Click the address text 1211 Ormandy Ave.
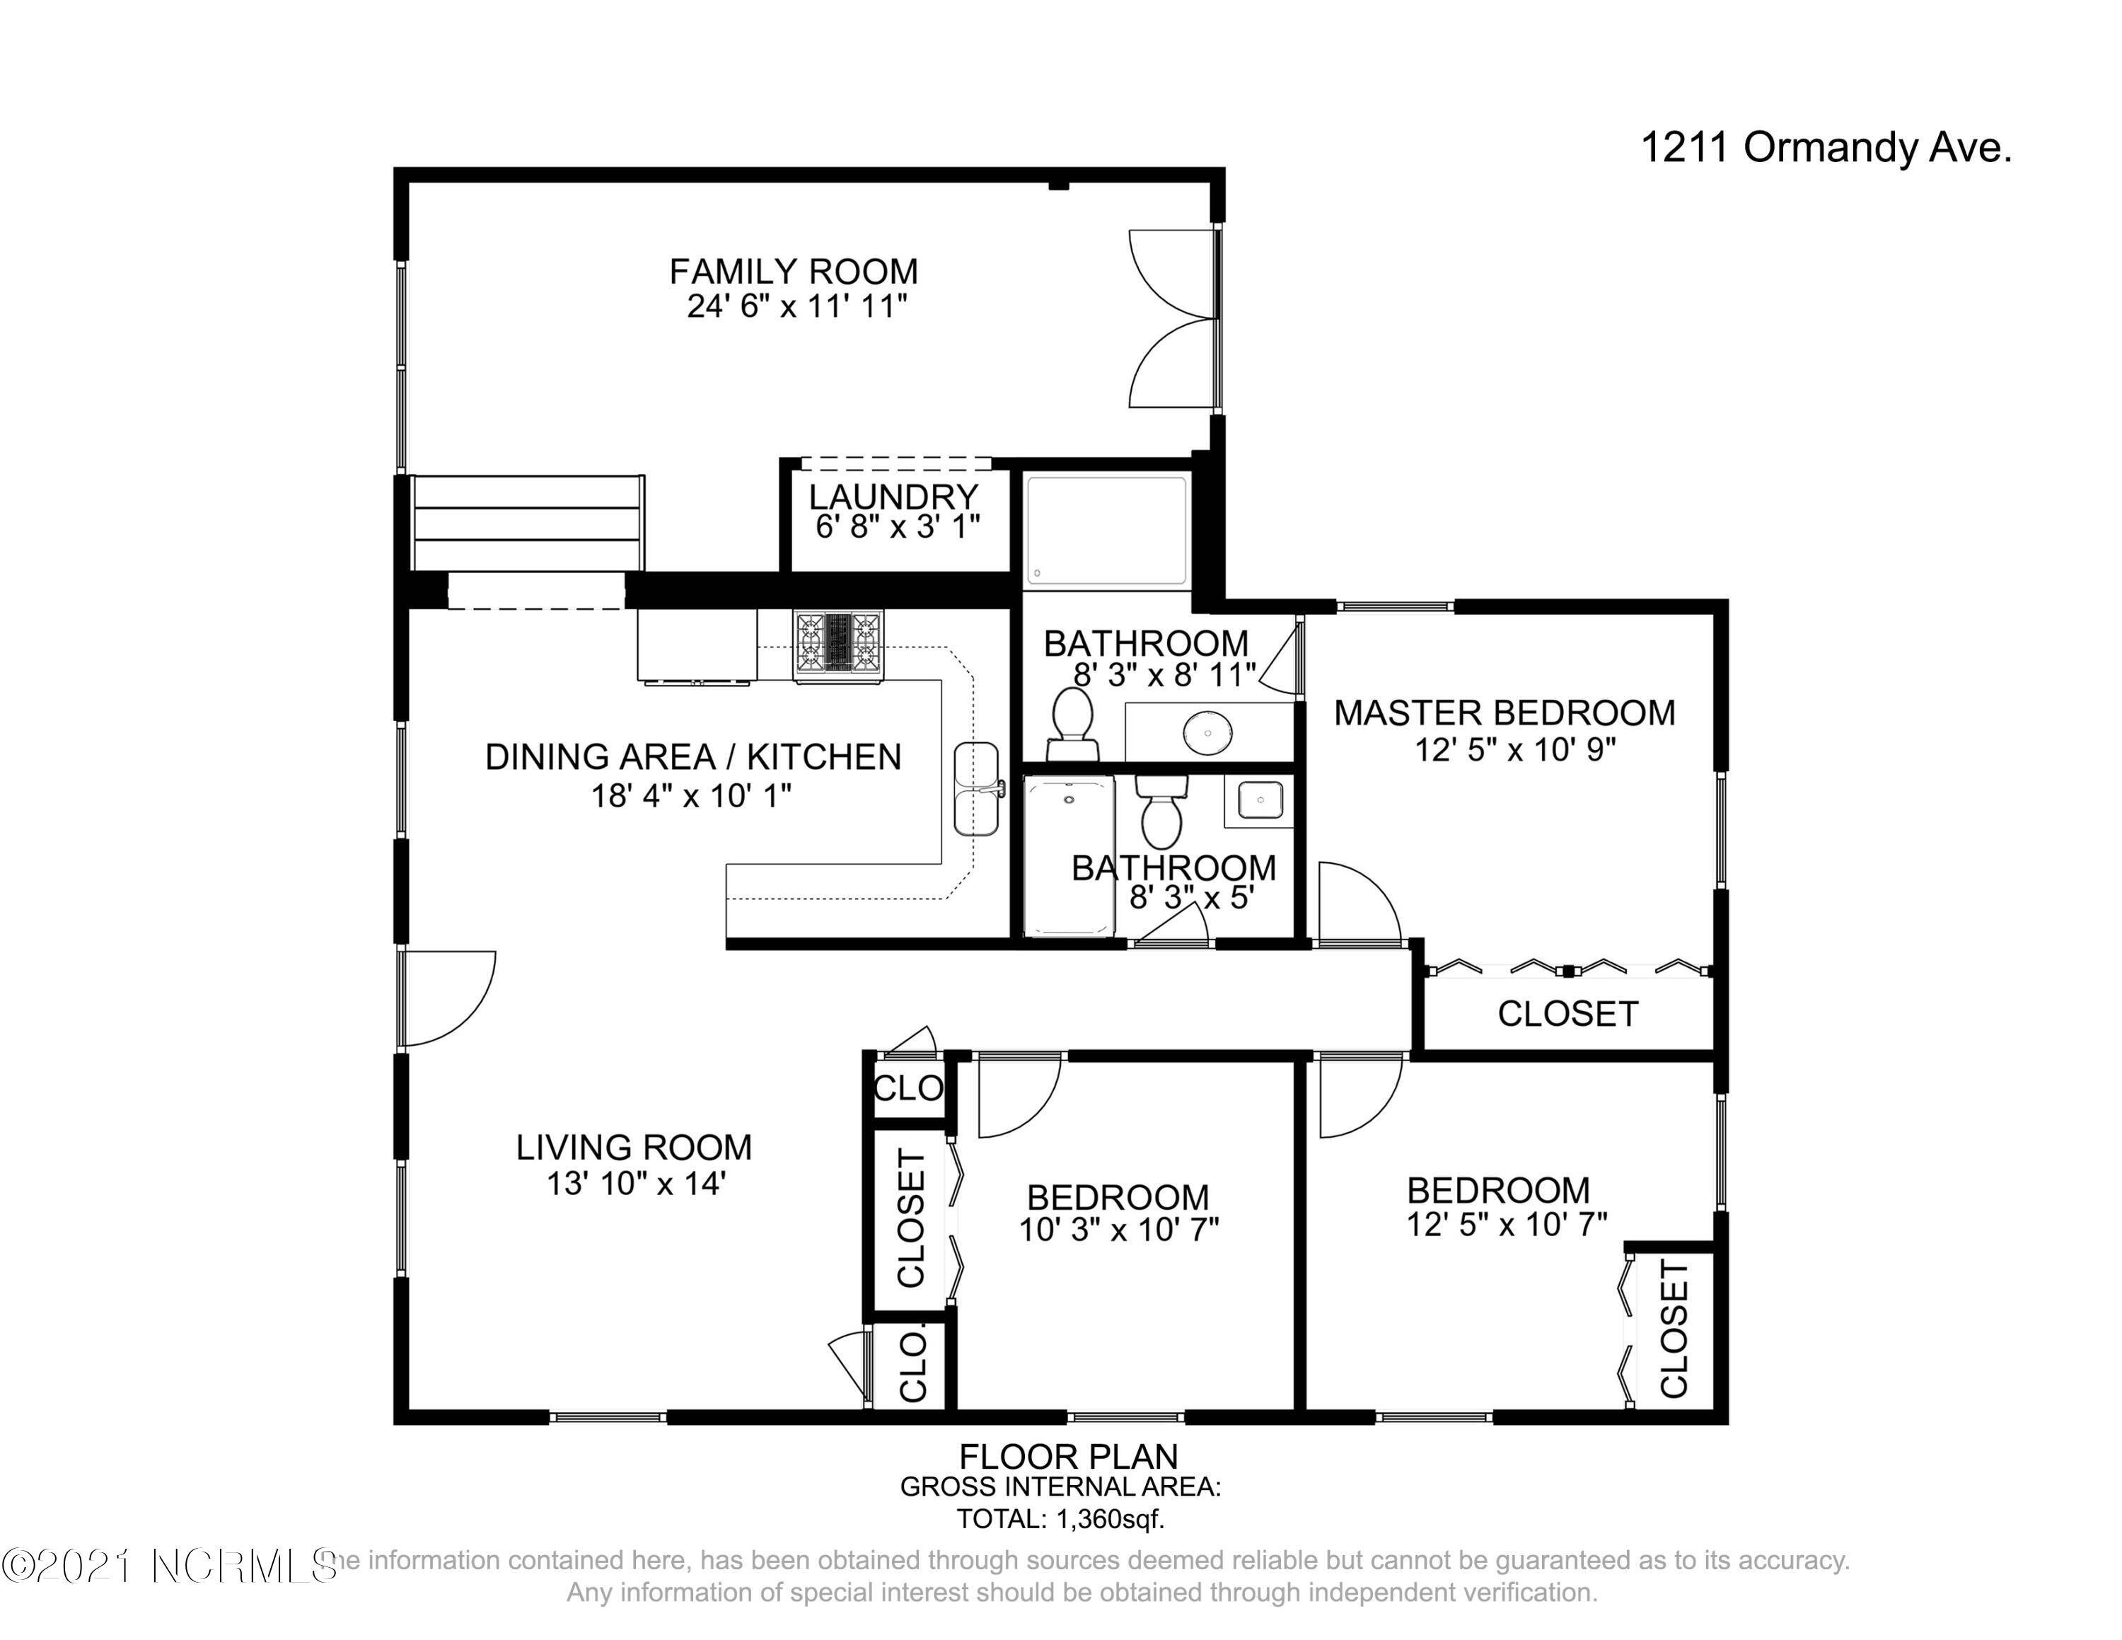point(1826,149)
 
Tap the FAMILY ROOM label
point(794,271)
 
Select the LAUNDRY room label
point(893,497)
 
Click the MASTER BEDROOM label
point(1504,713)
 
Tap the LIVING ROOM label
point(634,1148)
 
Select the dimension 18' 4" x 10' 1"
point(691,796)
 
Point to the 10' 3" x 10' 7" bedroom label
point(1118,1213)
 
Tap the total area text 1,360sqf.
point(1060,1518)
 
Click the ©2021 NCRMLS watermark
point(170,1565)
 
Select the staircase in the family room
point(528,523)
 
